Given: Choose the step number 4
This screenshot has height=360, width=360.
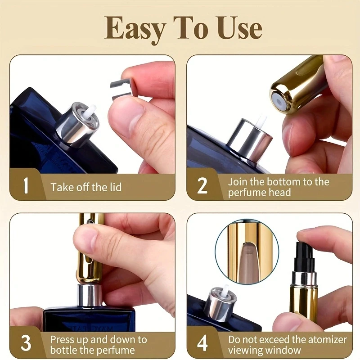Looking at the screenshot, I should [203, 343].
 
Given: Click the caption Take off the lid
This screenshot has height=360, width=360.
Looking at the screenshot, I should [86, 187].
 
